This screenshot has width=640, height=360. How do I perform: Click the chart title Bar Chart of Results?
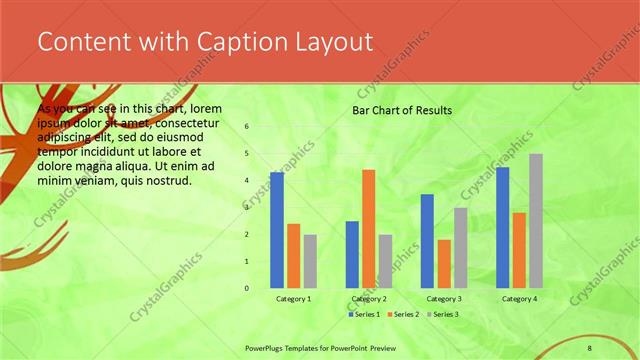tap(402, 110)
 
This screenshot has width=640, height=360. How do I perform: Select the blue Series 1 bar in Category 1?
tap(277, 230)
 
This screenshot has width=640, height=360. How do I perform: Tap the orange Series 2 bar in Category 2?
tap(369, 229)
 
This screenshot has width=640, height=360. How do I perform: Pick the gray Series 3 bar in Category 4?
tap(536, 221)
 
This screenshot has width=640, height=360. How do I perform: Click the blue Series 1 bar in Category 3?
tap(427, 241)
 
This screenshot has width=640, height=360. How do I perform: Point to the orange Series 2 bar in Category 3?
tap(444, 264)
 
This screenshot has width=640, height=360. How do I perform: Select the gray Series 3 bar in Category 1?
tap(310, 261)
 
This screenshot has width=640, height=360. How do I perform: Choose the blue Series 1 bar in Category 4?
tap(503, 228)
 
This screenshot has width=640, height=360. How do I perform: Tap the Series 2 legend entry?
tap(402, 314)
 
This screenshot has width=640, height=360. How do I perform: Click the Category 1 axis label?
tap(293, 298)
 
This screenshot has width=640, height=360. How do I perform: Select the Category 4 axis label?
tap(519, 298)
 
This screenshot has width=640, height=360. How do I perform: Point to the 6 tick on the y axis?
tap(246, 127)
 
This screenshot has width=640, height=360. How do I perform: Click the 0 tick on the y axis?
tap(246, 288)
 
